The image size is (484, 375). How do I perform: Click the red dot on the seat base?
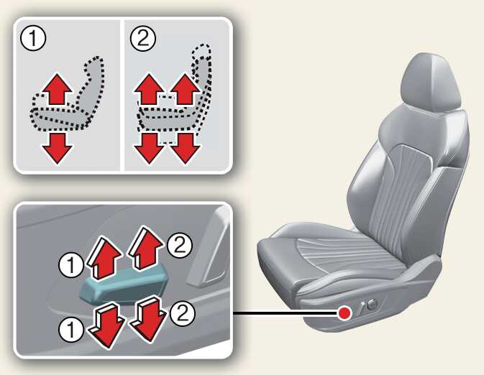click(344, 313)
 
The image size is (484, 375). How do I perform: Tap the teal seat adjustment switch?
click(124, 284)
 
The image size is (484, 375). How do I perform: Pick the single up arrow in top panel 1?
click(57, 89)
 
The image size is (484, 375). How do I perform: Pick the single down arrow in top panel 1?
click(57, 148)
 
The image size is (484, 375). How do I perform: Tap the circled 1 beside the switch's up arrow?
click(71, 265)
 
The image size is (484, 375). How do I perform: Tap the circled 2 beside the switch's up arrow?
click(180, 245)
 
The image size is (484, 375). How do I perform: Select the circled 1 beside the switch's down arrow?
click(71, 329)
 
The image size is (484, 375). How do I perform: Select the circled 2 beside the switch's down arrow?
click(183, 313)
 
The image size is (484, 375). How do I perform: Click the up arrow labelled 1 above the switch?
click(104, 257)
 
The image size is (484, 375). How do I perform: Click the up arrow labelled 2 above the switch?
click(145, 248)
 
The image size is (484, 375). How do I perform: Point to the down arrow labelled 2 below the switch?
click(148, 318)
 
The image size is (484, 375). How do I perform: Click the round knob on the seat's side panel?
click(373, 305)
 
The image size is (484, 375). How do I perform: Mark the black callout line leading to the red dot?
click(286, 313)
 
